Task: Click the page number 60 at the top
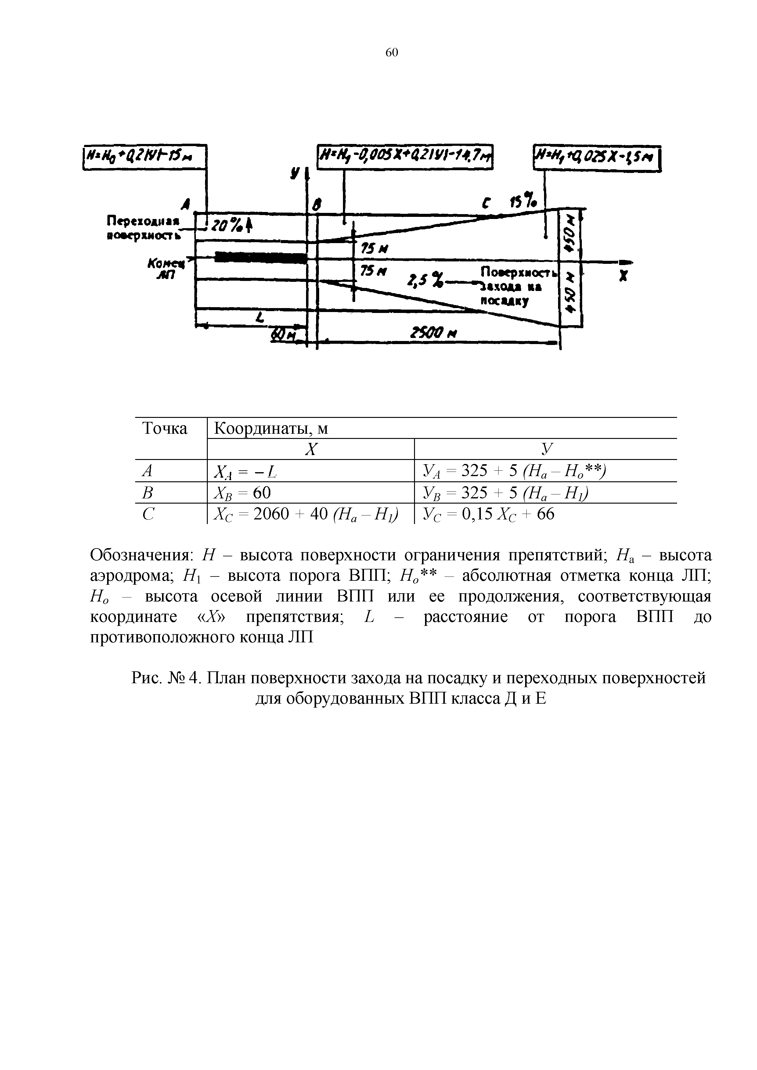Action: coord(391,53)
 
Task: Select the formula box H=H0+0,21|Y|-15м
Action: coord(145,157)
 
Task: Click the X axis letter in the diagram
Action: coord(622,277)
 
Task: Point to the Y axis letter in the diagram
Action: coord(295,173)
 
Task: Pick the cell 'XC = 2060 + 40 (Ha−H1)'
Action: coord(306,514)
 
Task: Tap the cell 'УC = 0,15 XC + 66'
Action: coord(488,514)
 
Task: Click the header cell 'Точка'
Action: coord(164,428)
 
